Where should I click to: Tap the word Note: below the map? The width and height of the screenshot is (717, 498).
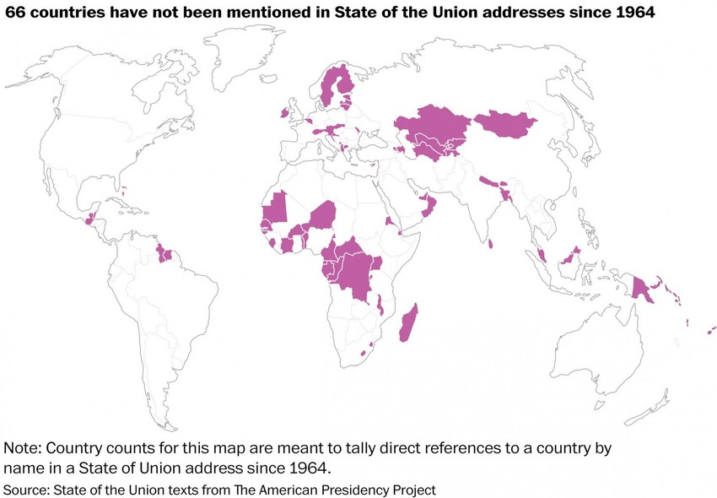click(26, 448)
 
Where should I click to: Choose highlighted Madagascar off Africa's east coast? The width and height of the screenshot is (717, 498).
click(409, 323)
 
